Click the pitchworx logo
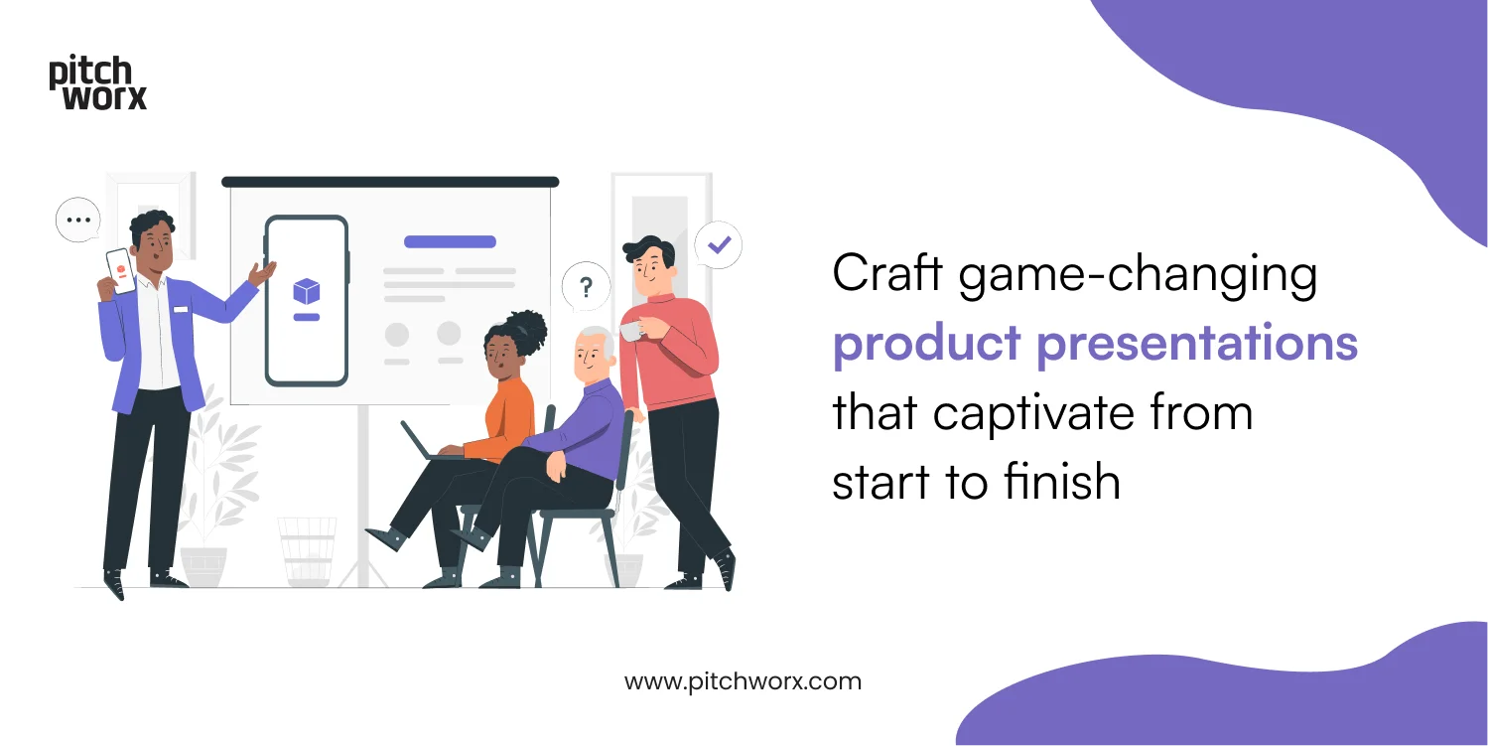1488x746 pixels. pyautogui.click(x=97, y=83)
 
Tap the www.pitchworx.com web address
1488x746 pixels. pyautogui.click(x=743, y=682)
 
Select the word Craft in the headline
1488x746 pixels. pyautogui.click(x=887, y=273)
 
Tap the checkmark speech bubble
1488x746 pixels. pyautogui.click(x=718, y=243)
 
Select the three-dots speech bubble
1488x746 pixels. pyautogui.click(x=78, y=221)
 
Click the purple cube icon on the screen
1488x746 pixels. pyautogui.click(x=307, y=291)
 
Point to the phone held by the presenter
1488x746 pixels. pyautogui.click(x=120, y=270)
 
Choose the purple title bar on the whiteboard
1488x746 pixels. pyautogui.click(x=450, y=241)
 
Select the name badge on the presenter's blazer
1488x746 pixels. pyautogui.click(x=181, y=309)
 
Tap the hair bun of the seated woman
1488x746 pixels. pyautogui.click(x=529, y=327)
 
